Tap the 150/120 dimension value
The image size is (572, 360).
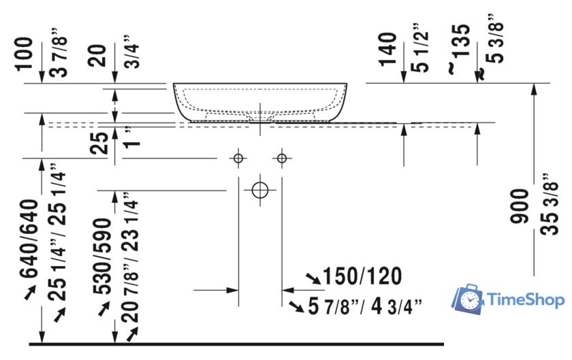(x=362, y=276)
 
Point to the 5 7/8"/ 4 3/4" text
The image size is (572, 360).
(x=365, y=307)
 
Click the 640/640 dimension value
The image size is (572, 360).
(x=29, y=240)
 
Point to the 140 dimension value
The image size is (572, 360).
(x=389, y=49)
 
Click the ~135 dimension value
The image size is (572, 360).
(x=462, y=44)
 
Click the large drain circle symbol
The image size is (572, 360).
(x=260, y=190)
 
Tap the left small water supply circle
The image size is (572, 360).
(x=238, y=159)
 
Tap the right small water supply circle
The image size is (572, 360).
(x=282, y=159)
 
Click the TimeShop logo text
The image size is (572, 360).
(x=525, y=299)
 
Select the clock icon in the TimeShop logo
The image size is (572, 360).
(x=468, y=299)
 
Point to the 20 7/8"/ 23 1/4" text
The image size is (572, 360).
(x=129, y=265)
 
